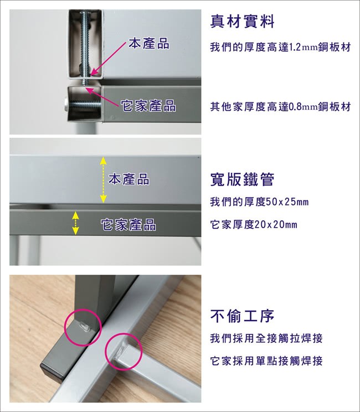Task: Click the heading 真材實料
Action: click(242, 22)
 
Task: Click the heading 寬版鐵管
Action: click(242, 179)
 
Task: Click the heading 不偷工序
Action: click(242, 316)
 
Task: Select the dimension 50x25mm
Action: click(287, 202)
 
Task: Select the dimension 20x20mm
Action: click(276, 225)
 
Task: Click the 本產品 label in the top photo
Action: click(149, 43)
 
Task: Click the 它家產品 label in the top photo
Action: click(148, 106)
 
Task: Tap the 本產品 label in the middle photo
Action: click(128, 179)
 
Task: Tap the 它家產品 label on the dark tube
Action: click(128, 225)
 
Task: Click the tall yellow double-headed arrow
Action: click(103, 180)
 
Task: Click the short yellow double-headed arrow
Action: click(75, 223)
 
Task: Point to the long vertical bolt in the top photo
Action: click(85, 47)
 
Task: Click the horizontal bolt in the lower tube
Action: click(83, 106)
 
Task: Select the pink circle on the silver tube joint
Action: click(106, 352)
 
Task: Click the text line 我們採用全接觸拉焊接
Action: click(266, 338)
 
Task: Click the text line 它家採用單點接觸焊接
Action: click(266, 361)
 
